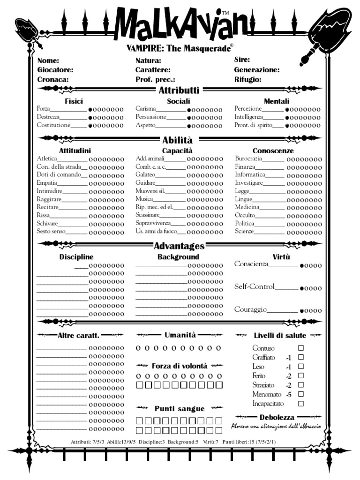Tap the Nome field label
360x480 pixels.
click(48, 60)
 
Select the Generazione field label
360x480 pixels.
click(256, 70)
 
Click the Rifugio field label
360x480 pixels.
click(247, 79)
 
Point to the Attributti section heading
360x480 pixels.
click(179, 90)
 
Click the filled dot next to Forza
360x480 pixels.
click(90, 110)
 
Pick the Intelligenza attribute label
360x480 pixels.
click(248, 117)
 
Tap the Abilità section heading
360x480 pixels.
click(178, 140)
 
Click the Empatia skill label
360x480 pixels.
click(47, 183)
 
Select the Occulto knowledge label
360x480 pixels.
click(245, 215)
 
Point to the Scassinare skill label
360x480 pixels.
click(148, 215)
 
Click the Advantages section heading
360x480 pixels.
click(179, 246)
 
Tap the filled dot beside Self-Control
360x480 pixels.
click(302, 288)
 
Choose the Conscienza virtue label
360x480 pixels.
click(251, 264)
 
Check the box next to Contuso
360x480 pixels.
click(301, 348)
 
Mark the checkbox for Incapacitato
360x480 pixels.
click(301, 403)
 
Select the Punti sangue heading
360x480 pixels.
click(180, 409)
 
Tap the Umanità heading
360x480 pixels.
click(180, 335)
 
